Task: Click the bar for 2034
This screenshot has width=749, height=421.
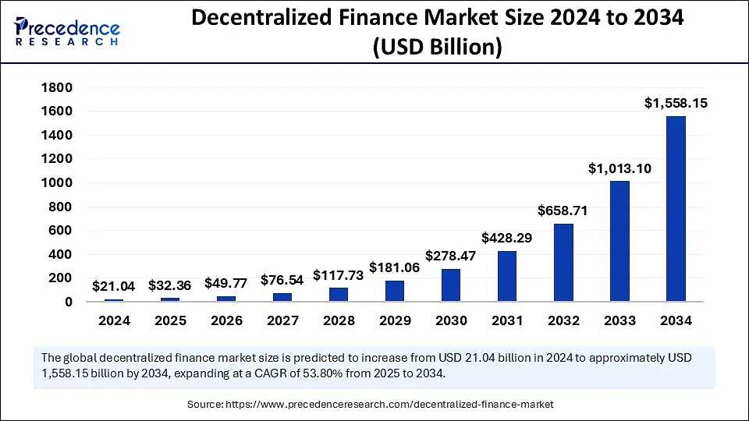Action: click(x=676, y=209)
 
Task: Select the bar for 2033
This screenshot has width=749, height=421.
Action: click(x=619, y=241)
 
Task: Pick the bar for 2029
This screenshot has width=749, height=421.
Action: click(x=395, y=291)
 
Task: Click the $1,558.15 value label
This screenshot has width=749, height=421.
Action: click(x=676, y=102)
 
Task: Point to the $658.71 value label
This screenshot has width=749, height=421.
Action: click(x=563, y=210)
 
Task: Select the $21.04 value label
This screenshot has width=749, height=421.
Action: click(x=114, y=286)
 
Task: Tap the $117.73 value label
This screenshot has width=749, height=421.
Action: click(x=339, y=274)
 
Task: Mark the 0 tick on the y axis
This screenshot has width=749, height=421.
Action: click(x=69, y=302)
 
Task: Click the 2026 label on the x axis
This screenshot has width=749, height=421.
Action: click(x=226, y=320)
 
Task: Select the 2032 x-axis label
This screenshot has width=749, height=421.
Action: click(x=563, y=320)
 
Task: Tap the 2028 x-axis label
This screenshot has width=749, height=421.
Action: click(x=339, y=320)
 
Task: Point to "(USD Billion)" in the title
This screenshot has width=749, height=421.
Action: click(x=437, y=47)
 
